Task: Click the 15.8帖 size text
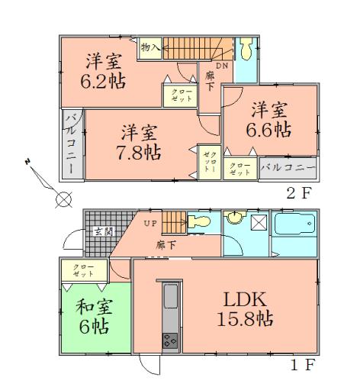(x=244, y=319)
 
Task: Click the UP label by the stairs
(x=151, y=224)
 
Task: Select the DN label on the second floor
(x=221, y=66)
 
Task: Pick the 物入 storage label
(x=149, y=47)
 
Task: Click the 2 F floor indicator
(x=300, y=192)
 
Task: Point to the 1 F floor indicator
(x=300, y=364)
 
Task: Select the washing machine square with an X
(x=258, y=223)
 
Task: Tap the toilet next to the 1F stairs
(x=201, y=222)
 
